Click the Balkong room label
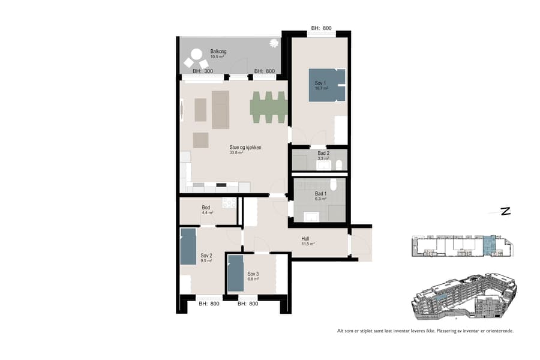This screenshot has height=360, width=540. coord(218,52)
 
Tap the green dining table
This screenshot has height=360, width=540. coord(268,107)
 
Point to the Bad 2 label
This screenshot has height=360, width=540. coord(323,153)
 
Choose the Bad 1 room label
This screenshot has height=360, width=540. coord(321,193)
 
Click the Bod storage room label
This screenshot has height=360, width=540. coord(206,208)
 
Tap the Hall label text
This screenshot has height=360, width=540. coord(306,238)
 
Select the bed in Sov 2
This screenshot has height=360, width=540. coord(188,246)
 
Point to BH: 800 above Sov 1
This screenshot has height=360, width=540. coord(321,28)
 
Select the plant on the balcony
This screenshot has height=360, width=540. coord(274,43)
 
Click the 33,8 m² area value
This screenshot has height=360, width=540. coord(236,153)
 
